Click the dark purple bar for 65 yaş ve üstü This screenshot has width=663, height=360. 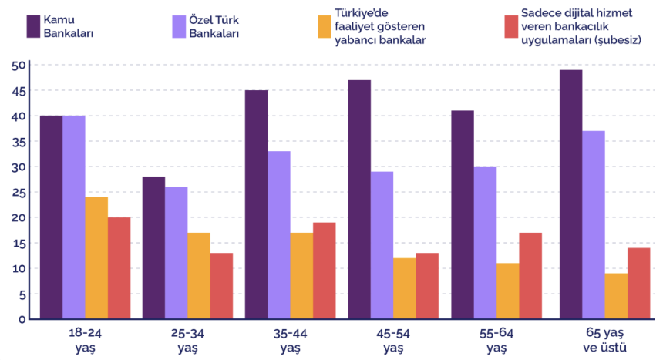point(571,194)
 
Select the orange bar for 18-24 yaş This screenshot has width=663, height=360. point(96,257)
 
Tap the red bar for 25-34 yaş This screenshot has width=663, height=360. point(221,285)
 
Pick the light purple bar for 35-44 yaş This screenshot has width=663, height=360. point(279,235)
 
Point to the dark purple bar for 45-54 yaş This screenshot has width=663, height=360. point(359,199)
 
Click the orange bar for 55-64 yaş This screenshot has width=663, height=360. point(507,291)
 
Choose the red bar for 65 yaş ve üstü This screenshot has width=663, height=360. point(638,283)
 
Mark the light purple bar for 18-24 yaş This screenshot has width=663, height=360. point(74,217)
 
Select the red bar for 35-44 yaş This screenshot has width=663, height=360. point(324,271)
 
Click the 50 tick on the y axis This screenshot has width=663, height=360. point(19,66)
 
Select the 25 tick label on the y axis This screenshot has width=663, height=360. point(19,193)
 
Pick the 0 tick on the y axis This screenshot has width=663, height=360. point(22,319)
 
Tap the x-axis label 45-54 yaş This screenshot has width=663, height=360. point(393,341)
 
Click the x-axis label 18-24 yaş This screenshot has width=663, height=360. point(85,341)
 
